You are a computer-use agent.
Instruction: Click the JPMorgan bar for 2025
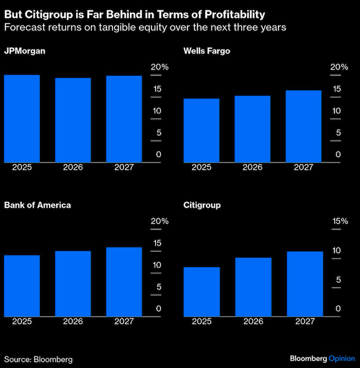click(x=22, y=118)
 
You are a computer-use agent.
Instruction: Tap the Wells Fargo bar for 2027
click(x=303, y=126)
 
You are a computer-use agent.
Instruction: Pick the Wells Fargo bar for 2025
click(x=201, y=130)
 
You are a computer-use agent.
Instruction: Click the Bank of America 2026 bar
click(x=73, y=283)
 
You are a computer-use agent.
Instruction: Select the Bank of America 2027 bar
click(x=124, y=281)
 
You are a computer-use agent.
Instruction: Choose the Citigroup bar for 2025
click(x=201, y=291)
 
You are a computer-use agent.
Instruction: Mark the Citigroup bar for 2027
click(x=303, y=284)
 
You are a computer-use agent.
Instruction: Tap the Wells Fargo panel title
click(x=207, y=51)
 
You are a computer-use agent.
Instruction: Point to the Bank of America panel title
click(x=37, y=205)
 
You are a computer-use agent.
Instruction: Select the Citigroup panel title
click(x=202, y=205)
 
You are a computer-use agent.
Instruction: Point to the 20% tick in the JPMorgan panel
click(x=160, y=67)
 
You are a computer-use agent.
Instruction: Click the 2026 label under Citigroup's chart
click(x=252, y=321)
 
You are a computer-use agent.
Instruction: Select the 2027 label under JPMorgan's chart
click(x=124, y=167)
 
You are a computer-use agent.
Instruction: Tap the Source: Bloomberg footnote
click(x=38, y=359)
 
